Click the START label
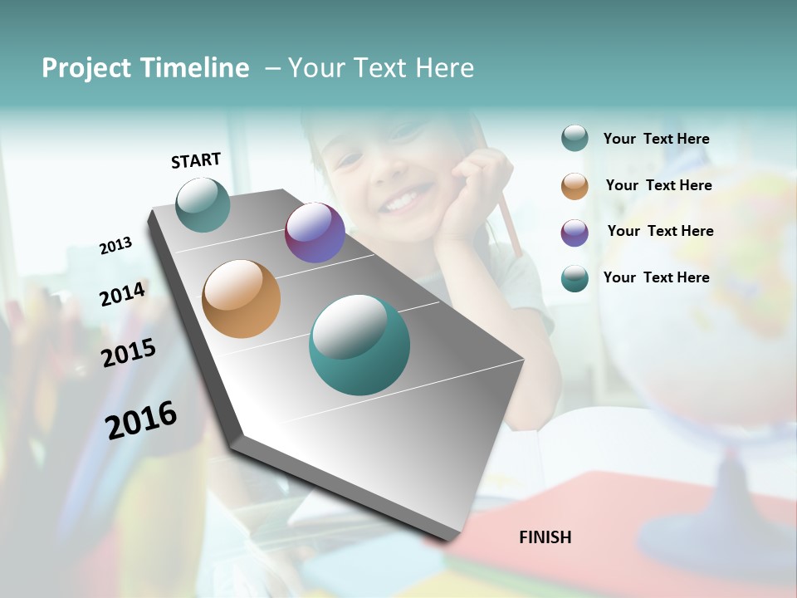(x=196, y=160)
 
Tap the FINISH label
(x=545, y=537)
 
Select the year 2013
(x=115, y=246)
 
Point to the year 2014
(x=122, y=295)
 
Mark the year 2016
(x=141, y=420)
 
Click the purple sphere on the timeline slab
(x=315, y=233)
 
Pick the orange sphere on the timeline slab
(x=241, y=299)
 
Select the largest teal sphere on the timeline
(x=359, y=345)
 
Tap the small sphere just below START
(x=203, y=205)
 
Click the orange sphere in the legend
(x=575, y=186)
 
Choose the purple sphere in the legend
(x=575, y=233)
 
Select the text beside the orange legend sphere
(x=658, y=185)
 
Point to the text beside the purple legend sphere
(x=660, y=231)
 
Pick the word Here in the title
(x=444, y=68)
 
